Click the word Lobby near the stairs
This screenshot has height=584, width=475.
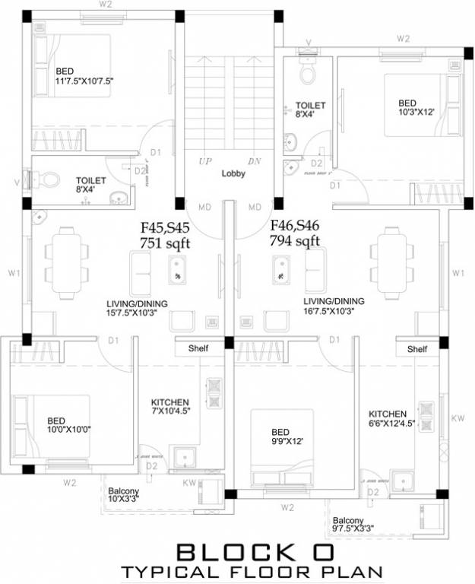coord(233,173)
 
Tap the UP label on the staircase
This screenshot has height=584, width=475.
coord(205,161)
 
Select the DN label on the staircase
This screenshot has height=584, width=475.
coord(254,161)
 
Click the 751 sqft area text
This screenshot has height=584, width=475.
coord(165,243)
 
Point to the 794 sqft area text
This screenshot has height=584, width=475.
coord(295,241)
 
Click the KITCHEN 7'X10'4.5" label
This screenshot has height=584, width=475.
coord(169,407)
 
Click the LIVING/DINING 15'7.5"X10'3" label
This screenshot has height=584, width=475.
coord(137,308)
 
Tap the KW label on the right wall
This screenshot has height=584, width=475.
coord(458,418)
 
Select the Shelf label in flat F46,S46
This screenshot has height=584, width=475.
coord(416,349)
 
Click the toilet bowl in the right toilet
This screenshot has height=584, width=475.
coord(308,75)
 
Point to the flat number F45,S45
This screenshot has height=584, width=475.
coord(165,227)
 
